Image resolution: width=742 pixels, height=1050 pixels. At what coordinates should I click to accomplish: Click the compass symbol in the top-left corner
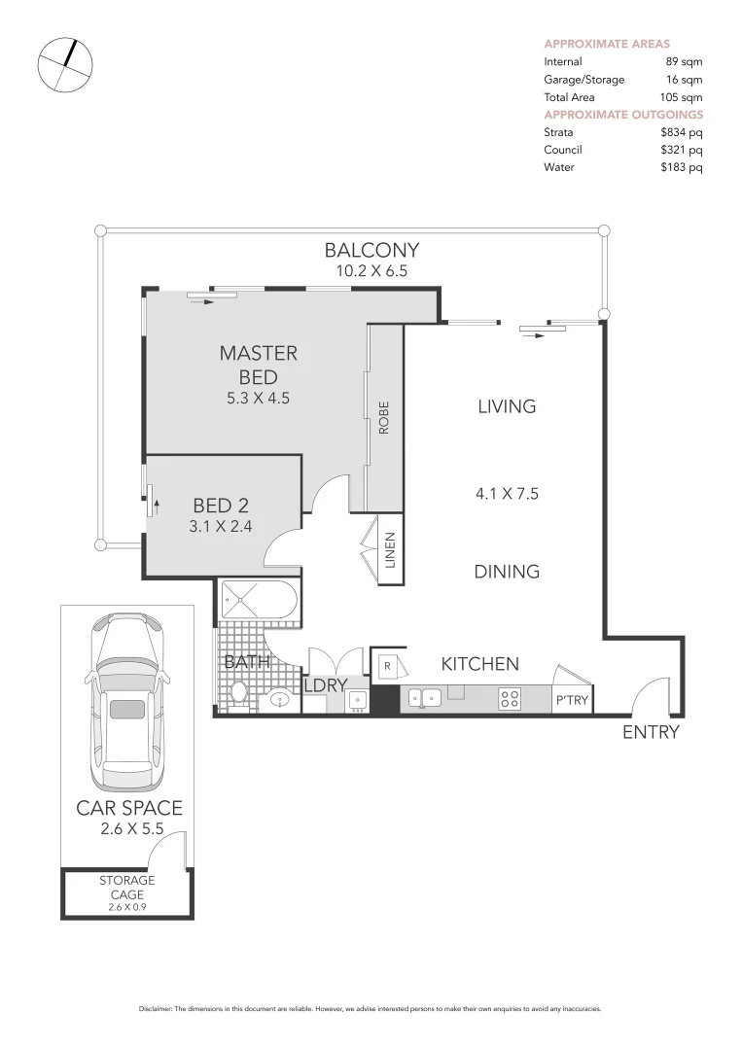(x=65, y=65)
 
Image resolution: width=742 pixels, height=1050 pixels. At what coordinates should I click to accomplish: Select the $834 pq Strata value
(x=681, y=132)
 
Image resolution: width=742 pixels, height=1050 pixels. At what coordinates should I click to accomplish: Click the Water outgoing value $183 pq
(x=681, y=167)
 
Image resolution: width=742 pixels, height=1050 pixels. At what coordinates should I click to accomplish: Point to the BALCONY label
(x=371, y=250)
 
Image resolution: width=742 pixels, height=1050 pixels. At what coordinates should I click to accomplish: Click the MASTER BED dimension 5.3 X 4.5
(x=258, y=398)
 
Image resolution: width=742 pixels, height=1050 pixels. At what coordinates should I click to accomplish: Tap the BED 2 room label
(x=221, y=506)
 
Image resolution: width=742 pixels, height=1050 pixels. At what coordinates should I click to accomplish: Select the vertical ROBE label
(x=384, y=417)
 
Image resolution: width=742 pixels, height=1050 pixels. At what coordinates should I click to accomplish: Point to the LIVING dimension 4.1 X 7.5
(x=507, y=494)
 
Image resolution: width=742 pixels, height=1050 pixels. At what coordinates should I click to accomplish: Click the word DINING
(x=507, y=572)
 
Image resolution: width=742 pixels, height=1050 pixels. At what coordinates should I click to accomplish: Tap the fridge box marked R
(x=387, y=666)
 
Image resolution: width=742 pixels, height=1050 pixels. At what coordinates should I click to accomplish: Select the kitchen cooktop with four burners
(x=511, y=698)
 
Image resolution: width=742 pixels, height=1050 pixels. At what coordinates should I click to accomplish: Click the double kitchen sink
(x=426, y=698)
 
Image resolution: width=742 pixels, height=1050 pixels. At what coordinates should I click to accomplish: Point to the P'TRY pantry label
(x=572, y=699)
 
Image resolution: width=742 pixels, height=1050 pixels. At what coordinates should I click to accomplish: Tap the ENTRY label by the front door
(x=651, y=732)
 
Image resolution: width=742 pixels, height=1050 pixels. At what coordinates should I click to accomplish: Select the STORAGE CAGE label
(x=126, y=888)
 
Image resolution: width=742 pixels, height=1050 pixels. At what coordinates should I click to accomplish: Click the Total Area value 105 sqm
(x=679, y=97)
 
